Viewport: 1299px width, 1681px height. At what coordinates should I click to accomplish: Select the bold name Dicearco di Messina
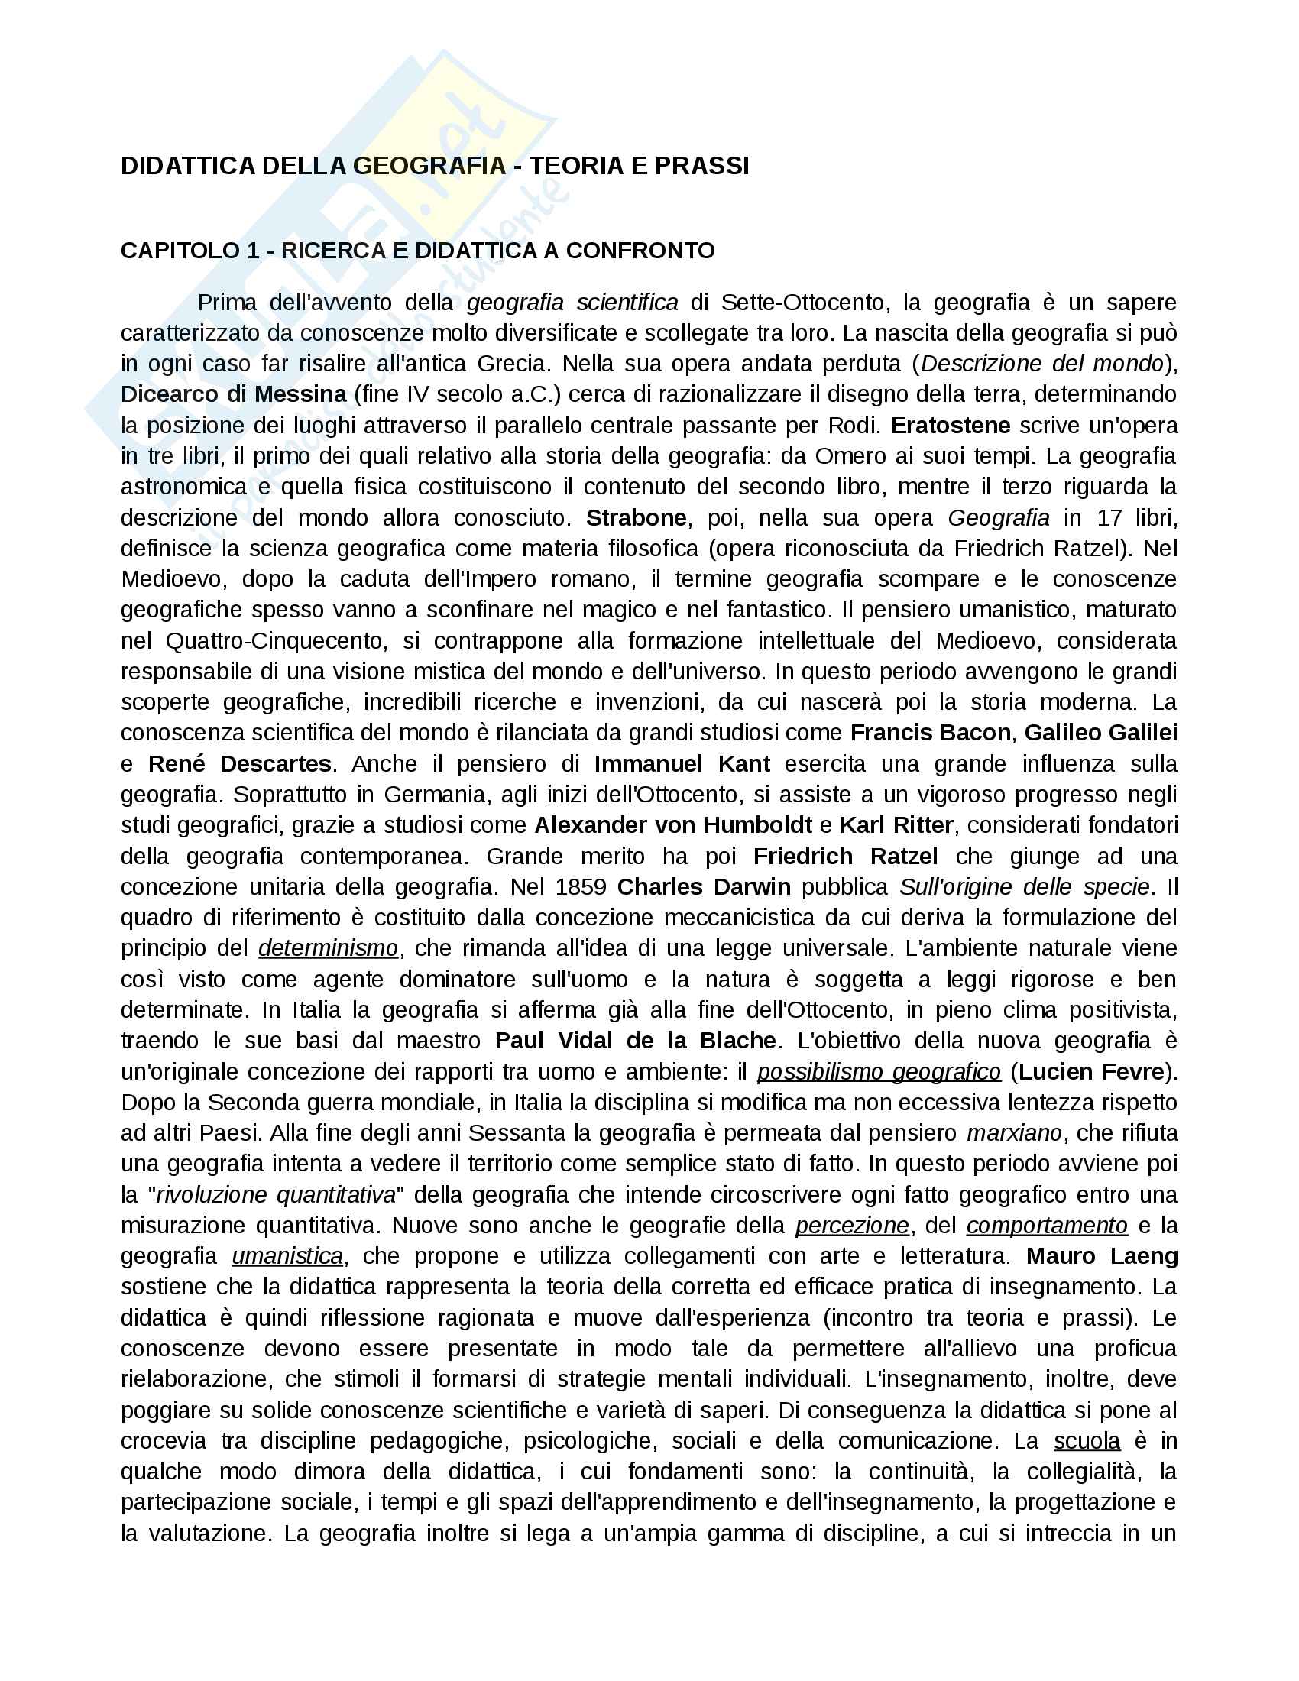[x=234, y=394]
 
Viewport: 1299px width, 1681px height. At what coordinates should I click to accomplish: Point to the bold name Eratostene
[x=951, y=425]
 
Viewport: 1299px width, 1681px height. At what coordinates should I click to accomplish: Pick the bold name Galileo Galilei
[x=1100, y=733]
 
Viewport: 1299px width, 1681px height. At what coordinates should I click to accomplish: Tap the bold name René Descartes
[x=239, y=763]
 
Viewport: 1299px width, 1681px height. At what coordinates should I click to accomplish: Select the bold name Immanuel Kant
[x=682, y=763]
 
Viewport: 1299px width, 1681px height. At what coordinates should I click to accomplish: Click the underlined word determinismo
[x=328, y=948]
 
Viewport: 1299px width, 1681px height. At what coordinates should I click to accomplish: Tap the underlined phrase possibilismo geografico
[x=879, y=1071]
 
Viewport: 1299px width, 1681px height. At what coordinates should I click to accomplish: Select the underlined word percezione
[x=852, y=1226]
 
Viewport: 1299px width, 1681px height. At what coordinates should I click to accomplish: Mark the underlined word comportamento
[x=1047, y=1226]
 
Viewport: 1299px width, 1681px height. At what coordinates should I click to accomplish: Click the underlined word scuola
[x=1087, y=1441]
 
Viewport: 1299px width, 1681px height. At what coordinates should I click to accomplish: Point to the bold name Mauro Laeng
[x=1102, y=1256]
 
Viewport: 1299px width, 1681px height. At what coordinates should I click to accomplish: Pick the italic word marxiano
[x=1014, y=1133]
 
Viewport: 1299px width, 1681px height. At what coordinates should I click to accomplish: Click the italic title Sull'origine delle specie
[x=1025, y=886]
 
